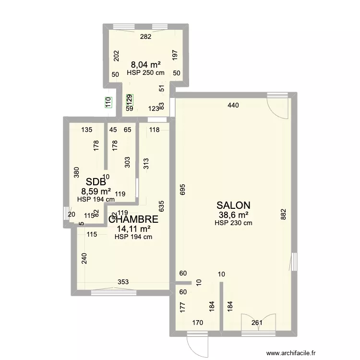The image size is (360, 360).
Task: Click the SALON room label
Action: click(x=233, y=205)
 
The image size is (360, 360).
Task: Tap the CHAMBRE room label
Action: click(x=134, y=219)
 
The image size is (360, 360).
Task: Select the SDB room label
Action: click(x=96, y=182)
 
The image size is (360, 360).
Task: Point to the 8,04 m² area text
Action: click(x=145, y=64)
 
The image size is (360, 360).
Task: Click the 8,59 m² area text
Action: click(x=96, y=191)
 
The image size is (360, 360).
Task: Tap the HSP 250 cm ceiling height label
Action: click(x=145, y=73)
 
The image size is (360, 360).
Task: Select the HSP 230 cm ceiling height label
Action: click(x=233, y=223)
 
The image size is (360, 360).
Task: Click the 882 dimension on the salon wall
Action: click(x=283, y=214)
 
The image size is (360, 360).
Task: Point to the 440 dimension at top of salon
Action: click(x=233, y=105)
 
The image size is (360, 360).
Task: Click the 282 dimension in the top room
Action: click(x=145, y=37)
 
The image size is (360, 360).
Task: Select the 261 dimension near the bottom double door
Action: click(x=257, y=323)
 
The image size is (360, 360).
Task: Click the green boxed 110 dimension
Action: click(x=108, y=102)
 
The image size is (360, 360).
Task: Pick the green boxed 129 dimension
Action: click(x=129, y=100)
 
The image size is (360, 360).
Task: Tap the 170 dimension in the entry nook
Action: click(x=197, y=323)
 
